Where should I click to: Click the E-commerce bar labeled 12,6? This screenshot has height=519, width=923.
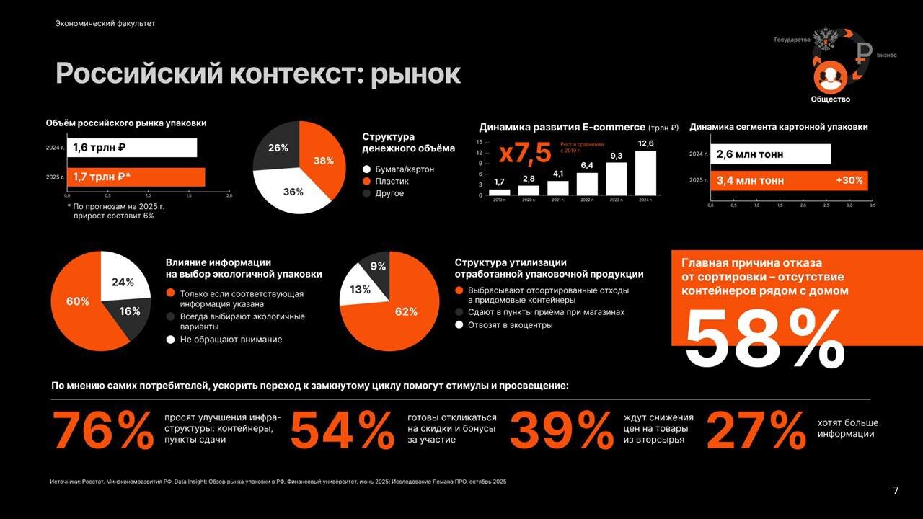tap(645, 173)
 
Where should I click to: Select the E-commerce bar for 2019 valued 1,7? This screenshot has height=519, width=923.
tap(499, 192)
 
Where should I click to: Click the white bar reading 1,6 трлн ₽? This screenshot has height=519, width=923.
tap(132, 148)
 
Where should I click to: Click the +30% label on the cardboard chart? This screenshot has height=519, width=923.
tap(849, 180)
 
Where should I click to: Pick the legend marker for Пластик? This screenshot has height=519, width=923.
tap(366, 181)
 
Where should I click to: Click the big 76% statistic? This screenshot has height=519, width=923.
tap(102, 431)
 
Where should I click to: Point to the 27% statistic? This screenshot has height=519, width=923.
tap(755, 431)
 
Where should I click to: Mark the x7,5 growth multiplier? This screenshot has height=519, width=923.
tap(525, 154)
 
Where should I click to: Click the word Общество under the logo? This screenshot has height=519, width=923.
tap(830, 99)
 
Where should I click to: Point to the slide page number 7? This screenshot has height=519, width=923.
tap(896, 491)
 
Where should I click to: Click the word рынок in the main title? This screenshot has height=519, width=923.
tap(415, 74)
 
